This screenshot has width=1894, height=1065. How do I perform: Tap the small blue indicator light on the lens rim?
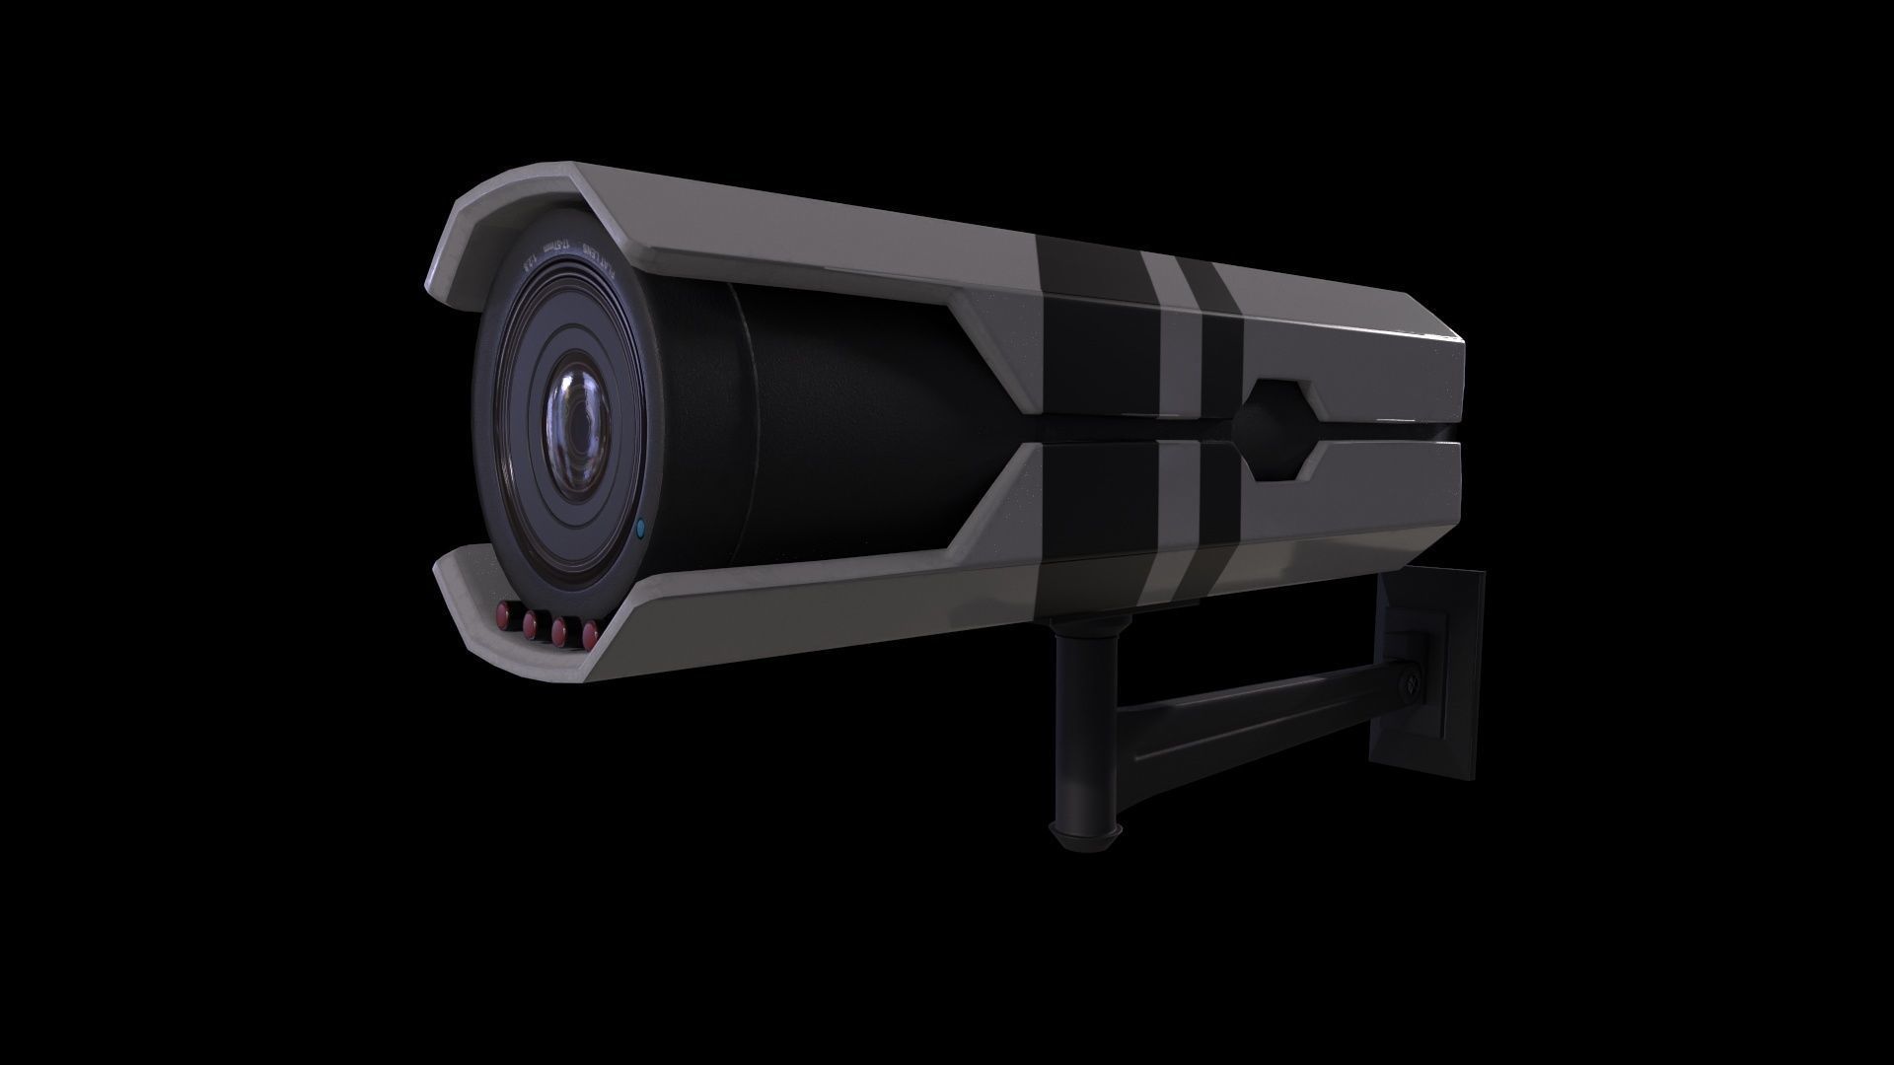pos(640,530)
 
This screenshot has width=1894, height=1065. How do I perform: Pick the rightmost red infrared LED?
pos(591,632)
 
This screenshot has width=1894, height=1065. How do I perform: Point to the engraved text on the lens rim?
pos(572,258)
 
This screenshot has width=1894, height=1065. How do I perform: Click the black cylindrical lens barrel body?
pos(838,424)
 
